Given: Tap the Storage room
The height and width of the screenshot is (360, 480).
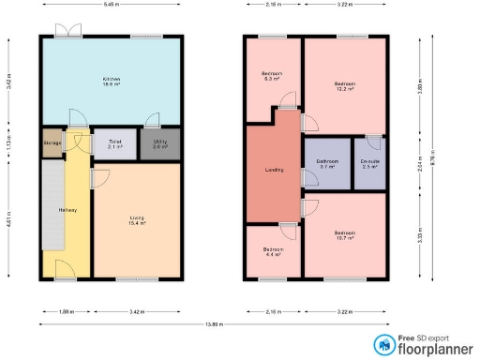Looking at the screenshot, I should point(51,143).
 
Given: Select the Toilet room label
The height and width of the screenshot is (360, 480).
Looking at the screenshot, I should point(114,143).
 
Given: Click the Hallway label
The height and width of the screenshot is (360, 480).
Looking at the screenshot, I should point(68,208).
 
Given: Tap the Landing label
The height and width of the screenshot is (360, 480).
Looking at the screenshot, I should point(274,170).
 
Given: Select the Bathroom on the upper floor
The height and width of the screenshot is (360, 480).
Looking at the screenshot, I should point(326,164).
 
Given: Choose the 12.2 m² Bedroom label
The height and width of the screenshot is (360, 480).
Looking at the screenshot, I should point(345,87).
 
